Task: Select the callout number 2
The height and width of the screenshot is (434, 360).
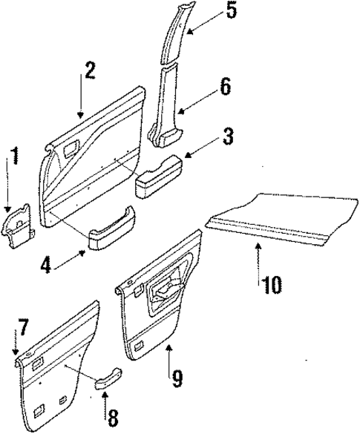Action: point(90,71)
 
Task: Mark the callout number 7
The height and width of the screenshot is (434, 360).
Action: point(23,326)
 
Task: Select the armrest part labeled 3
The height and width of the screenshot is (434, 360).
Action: point(157,177)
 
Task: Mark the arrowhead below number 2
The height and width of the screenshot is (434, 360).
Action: point(81,115)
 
